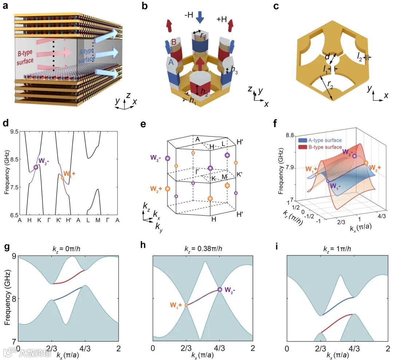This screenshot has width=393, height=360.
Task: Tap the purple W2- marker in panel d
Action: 36,167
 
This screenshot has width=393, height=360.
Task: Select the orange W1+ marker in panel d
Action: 63,178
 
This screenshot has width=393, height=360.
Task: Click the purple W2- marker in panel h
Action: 219,289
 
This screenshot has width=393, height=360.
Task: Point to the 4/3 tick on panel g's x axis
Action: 85,348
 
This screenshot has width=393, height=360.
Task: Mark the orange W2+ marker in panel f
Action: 366,163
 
